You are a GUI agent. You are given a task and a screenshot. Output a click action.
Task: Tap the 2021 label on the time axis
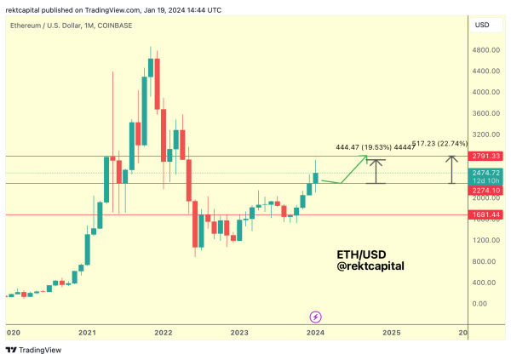click(x=86, y=332)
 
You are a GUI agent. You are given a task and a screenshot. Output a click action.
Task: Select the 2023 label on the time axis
click(x=238, y=332)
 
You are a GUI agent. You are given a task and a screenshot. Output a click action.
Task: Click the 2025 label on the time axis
click(x=391, y=332)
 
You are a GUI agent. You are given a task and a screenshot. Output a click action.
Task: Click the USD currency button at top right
click(x=483, y=26)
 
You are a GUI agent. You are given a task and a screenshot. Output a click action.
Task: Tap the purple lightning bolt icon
click(x=315, y=317)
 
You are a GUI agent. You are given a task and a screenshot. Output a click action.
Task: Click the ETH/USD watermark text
click(x=355, y=254)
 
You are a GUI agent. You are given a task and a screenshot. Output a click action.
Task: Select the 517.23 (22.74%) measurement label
click(x=439, y=144)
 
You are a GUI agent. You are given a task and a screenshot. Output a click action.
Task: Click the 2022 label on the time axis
click(x=163, y=332)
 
